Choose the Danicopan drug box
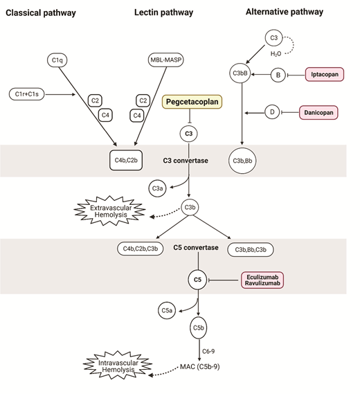click(x=323, y=111)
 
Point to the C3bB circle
click(x=241, y=73)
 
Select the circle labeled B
click(x=278, y=73)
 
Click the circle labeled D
click(x=274, y=111)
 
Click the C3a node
click(x=158, y=187)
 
